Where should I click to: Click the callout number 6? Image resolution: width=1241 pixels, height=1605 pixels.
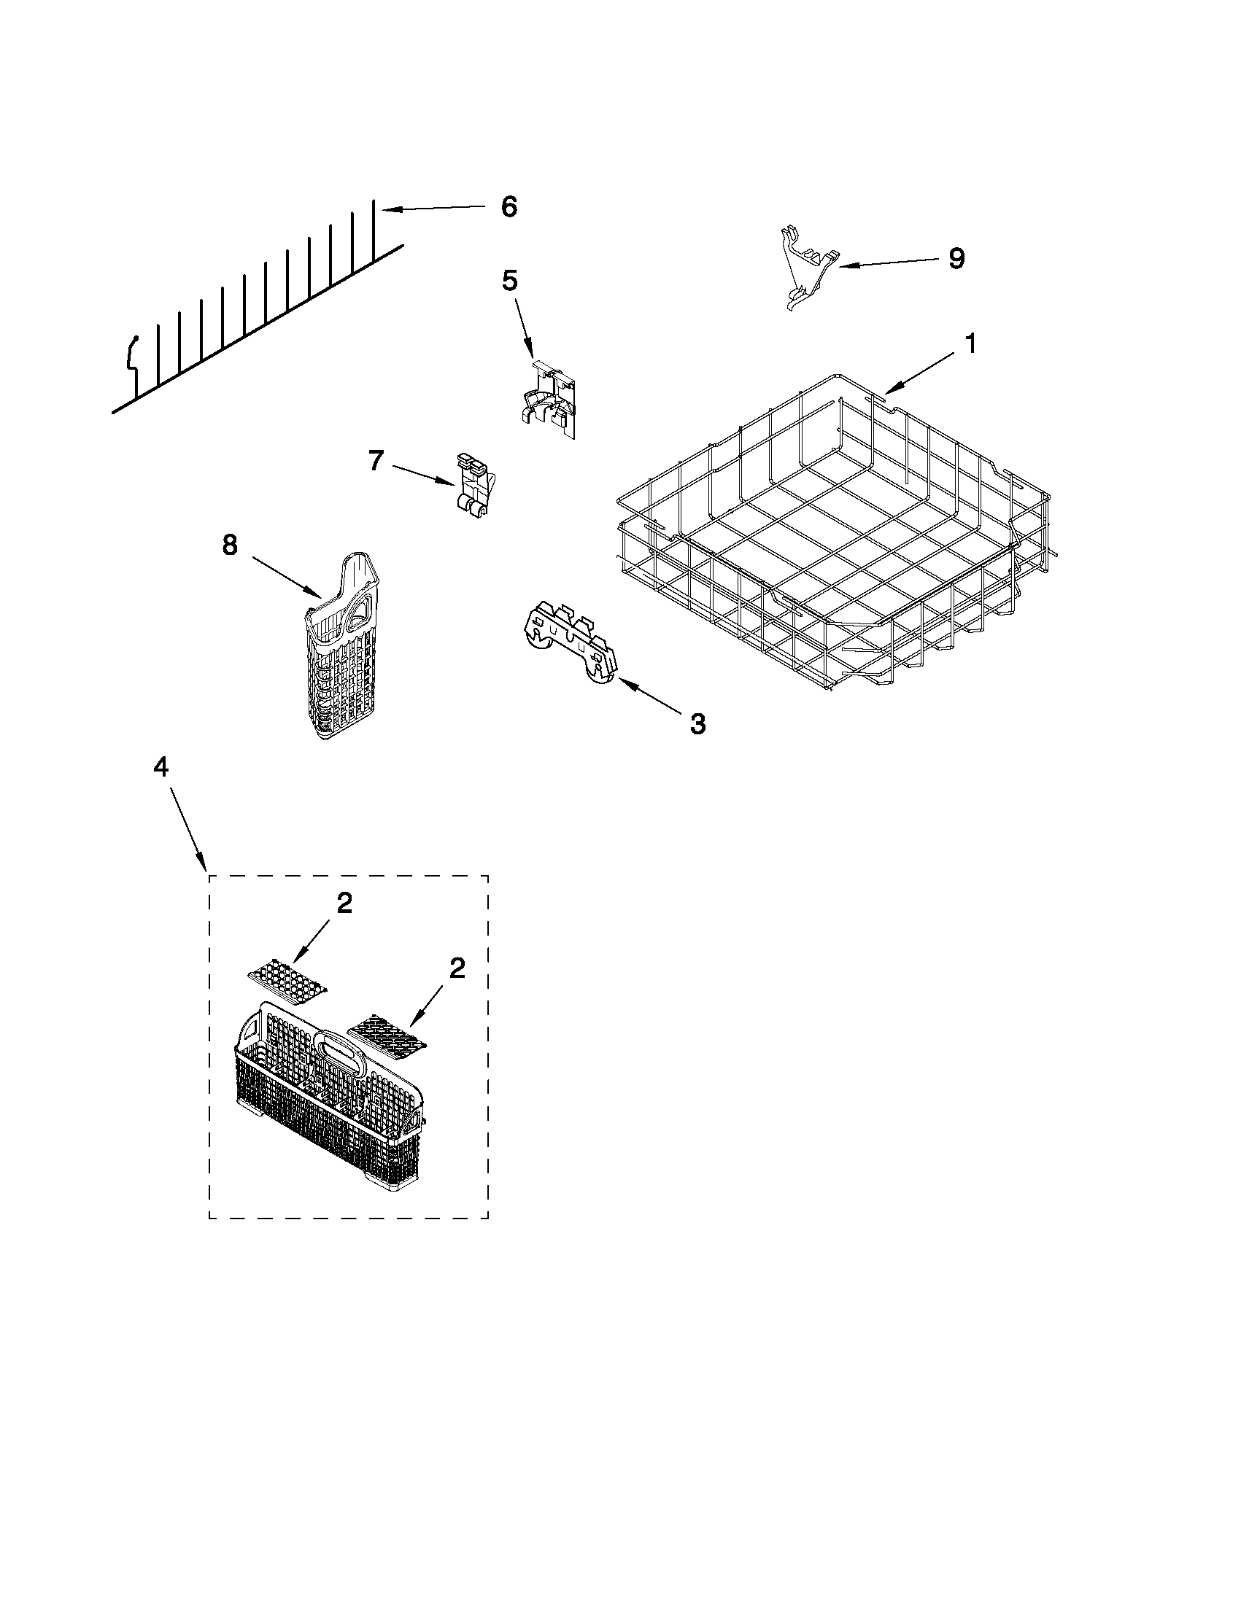click(x=509, y=206)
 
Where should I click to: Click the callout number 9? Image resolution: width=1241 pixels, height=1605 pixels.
click(x=956, y=259)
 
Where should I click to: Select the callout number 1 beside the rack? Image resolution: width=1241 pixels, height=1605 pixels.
click(x=970, y=343)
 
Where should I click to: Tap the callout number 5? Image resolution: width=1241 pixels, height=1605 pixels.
click(x=509, y=280)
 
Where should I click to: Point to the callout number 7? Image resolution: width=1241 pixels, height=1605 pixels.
click(x=376, y=462)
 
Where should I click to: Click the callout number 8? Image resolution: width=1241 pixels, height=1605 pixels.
click(x=230, y=545)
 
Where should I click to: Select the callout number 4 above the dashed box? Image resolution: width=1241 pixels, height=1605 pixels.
click(x=161, y=768)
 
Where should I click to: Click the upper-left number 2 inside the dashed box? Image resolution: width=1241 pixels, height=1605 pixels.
click(x=344, y=903)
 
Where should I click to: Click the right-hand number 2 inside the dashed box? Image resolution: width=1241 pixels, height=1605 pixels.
click(x=457, y=968)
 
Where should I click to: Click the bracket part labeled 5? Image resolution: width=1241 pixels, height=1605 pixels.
click(x=550, y=400)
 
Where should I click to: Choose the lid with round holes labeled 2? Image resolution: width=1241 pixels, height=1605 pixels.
click(x=287, y=980)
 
